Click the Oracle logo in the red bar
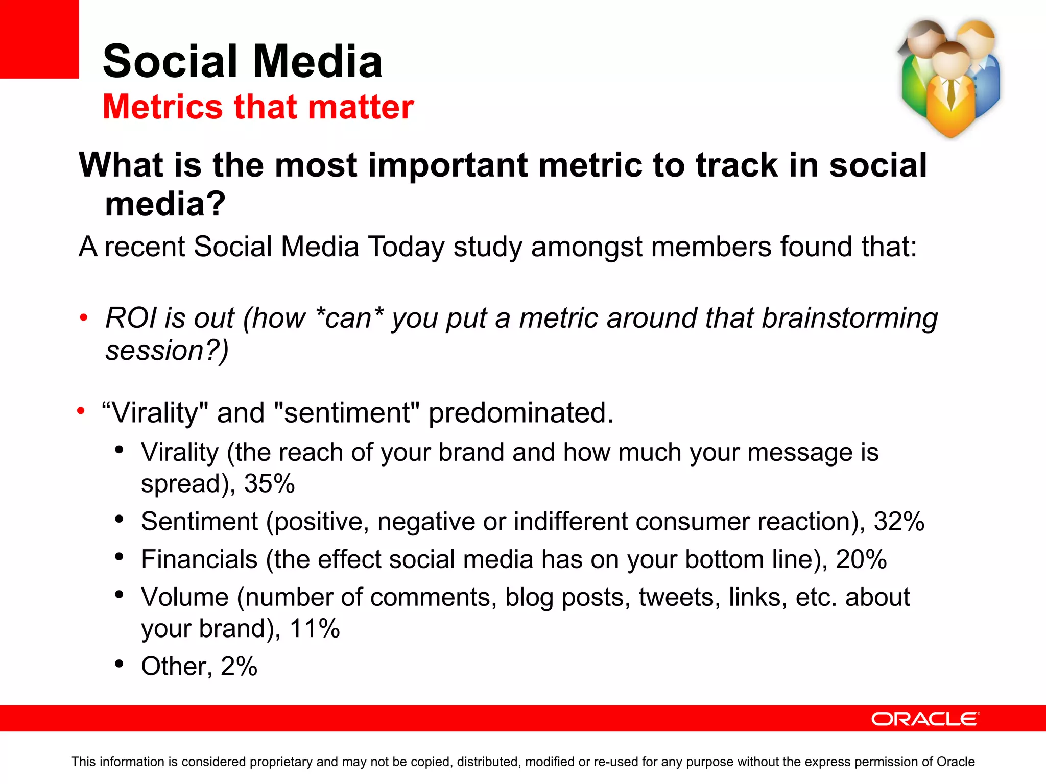[925, 719]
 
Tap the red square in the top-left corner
[39, 39]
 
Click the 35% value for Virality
[269, 483]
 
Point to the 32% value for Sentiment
[899, 522]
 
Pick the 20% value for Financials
[861, 559]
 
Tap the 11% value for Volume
[314, 628]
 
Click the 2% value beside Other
[239, 666]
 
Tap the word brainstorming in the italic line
[849, 318]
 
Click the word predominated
[520, 413]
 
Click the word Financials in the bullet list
[199, 559]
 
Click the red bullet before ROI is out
[84, 318]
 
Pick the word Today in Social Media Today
[406, 247]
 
